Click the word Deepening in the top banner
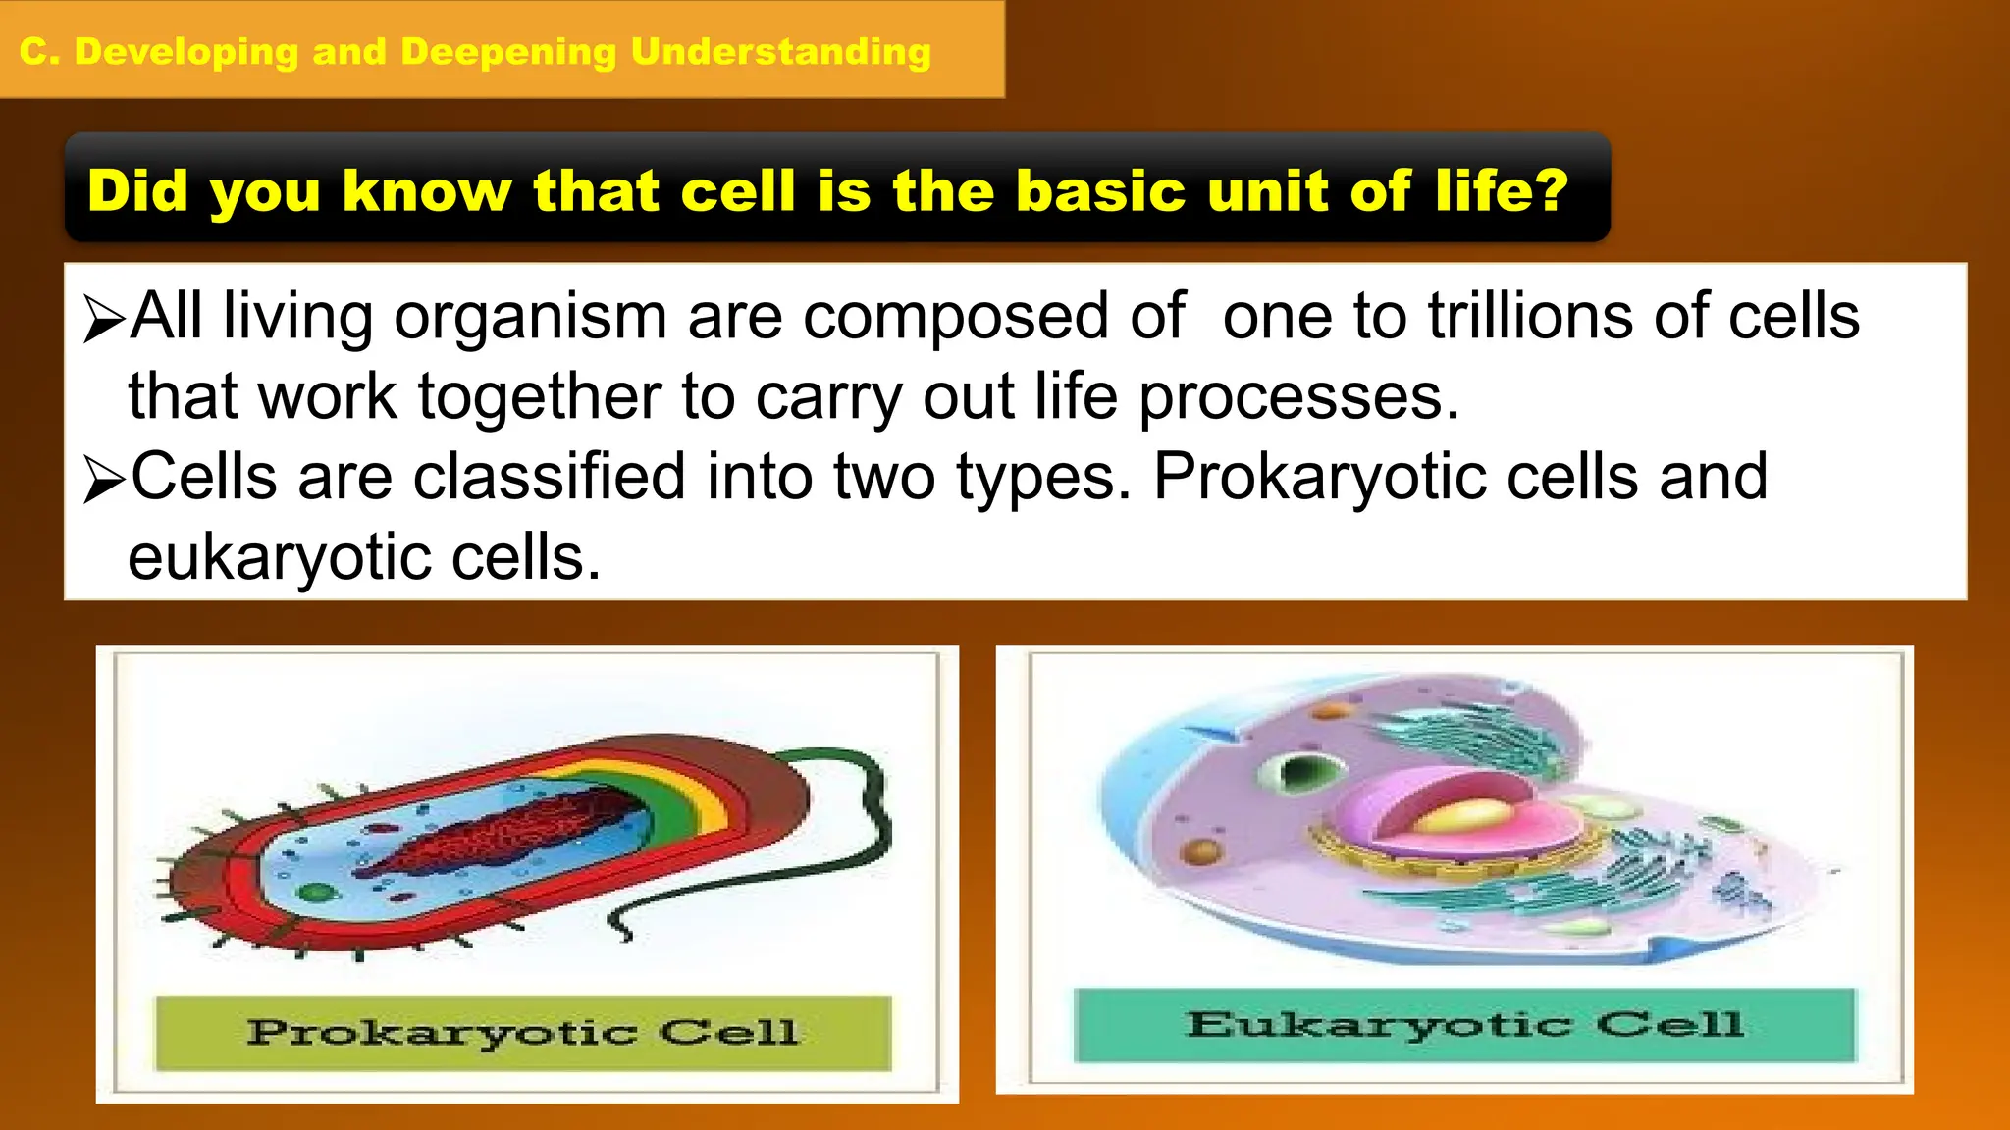[x=508, y=52]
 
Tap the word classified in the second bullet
[x=549, y=478]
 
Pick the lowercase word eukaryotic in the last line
[x=280, y=558]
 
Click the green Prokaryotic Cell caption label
[x=523, y=1033]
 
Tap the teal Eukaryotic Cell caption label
[x=1464, y=1025]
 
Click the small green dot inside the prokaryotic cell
[x=316, y=893]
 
